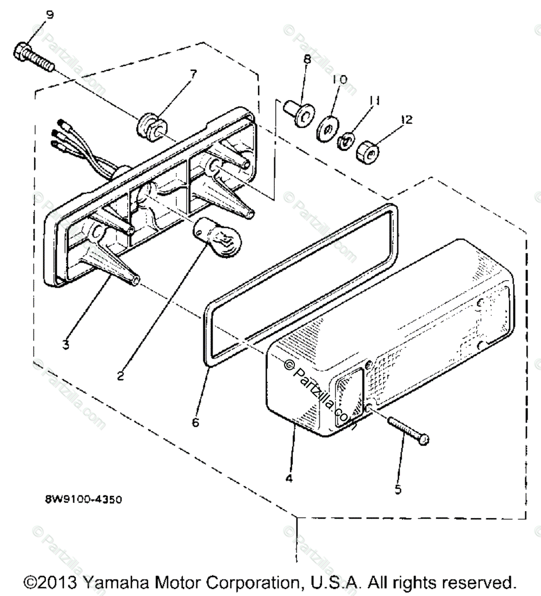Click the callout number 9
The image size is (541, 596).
[x=50, y=15]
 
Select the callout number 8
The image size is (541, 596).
[x=307, y=60]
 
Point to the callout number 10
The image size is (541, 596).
[x=339, y=80]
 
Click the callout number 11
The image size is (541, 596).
[x=374, y=101]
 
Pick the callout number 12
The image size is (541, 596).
[x=406, y=120]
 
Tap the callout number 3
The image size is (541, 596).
[x=65, y=345]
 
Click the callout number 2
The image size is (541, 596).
[x=120, y=374]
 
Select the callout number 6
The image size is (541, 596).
[x=195, y=422]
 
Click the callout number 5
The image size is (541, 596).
[x=398, y=489]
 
